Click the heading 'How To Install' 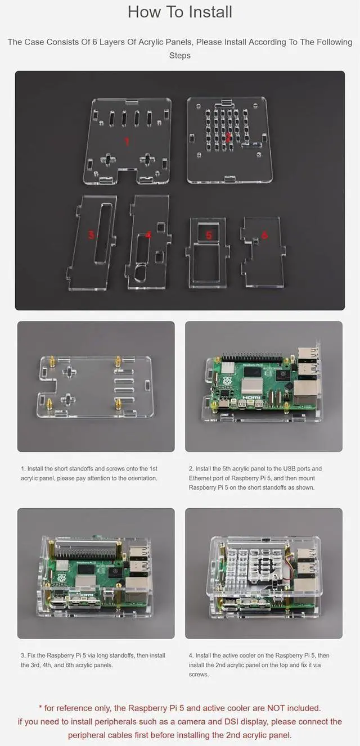[x=180, y=12]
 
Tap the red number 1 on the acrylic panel [x=127, y=142]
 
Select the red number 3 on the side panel [x=91, y=235]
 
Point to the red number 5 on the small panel [x=209, y=235]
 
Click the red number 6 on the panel [x=265, y=235]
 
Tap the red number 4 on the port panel [x=148, y=235]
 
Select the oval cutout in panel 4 [x=140, y=272]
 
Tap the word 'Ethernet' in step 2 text [x=201, y=478]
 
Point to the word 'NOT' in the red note [x=276, y=708]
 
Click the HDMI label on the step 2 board [x=251, y=397]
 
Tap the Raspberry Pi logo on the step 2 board [x=227, y=381]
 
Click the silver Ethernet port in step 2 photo [x=305, y=394]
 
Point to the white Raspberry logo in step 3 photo [x=60, y=578]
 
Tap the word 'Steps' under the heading [x=180, y=56]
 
